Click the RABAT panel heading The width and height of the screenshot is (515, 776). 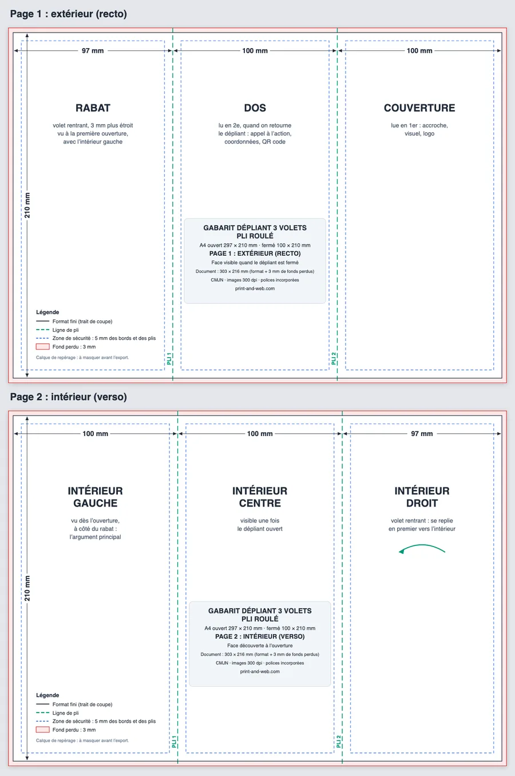pos(93,108)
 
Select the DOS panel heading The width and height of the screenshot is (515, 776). pos(255,108)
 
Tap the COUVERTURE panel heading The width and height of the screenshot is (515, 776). pos(419,108)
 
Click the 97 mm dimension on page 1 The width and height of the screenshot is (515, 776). pos(93,50)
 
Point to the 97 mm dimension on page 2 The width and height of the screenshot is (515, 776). pos(422,434)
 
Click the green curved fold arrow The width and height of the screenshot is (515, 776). pos(422,545)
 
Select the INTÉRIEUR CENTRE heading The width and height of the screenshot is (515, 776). pos(260,497)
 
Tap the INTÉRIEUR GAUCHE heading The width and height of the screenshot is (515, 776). pos(95,497)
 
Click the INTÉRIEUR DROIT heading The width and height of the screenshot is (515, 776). pos(422,497)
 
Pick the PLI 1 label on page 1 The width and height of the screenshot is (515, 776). pos(169,359)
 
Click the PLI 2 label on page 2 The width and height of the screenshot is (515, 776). pos(338,742)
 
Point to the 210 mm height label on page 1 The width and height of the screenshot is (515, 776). pos(27,205)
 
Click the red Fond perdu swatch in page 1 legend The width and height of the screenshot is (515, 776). pos(42,347)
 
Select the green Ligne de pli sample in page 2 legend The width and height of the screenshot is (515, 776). pos(42,713)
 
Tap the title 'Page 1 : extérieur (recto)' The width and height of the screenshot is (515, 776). pos(68,14)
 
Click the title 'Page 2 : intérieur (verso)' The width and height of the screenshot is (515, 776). pos(68,397)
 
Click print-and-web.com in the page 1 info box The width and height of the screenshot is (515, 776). pos(255,288)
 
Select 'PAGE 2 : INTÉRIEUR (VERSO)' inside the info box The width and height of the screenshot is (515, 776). pos(260,637)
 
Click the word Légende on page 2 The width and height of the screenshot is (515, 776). pos(47,695)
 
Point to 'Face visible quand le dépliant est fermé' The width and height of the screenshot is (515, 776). pos(255,263)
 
